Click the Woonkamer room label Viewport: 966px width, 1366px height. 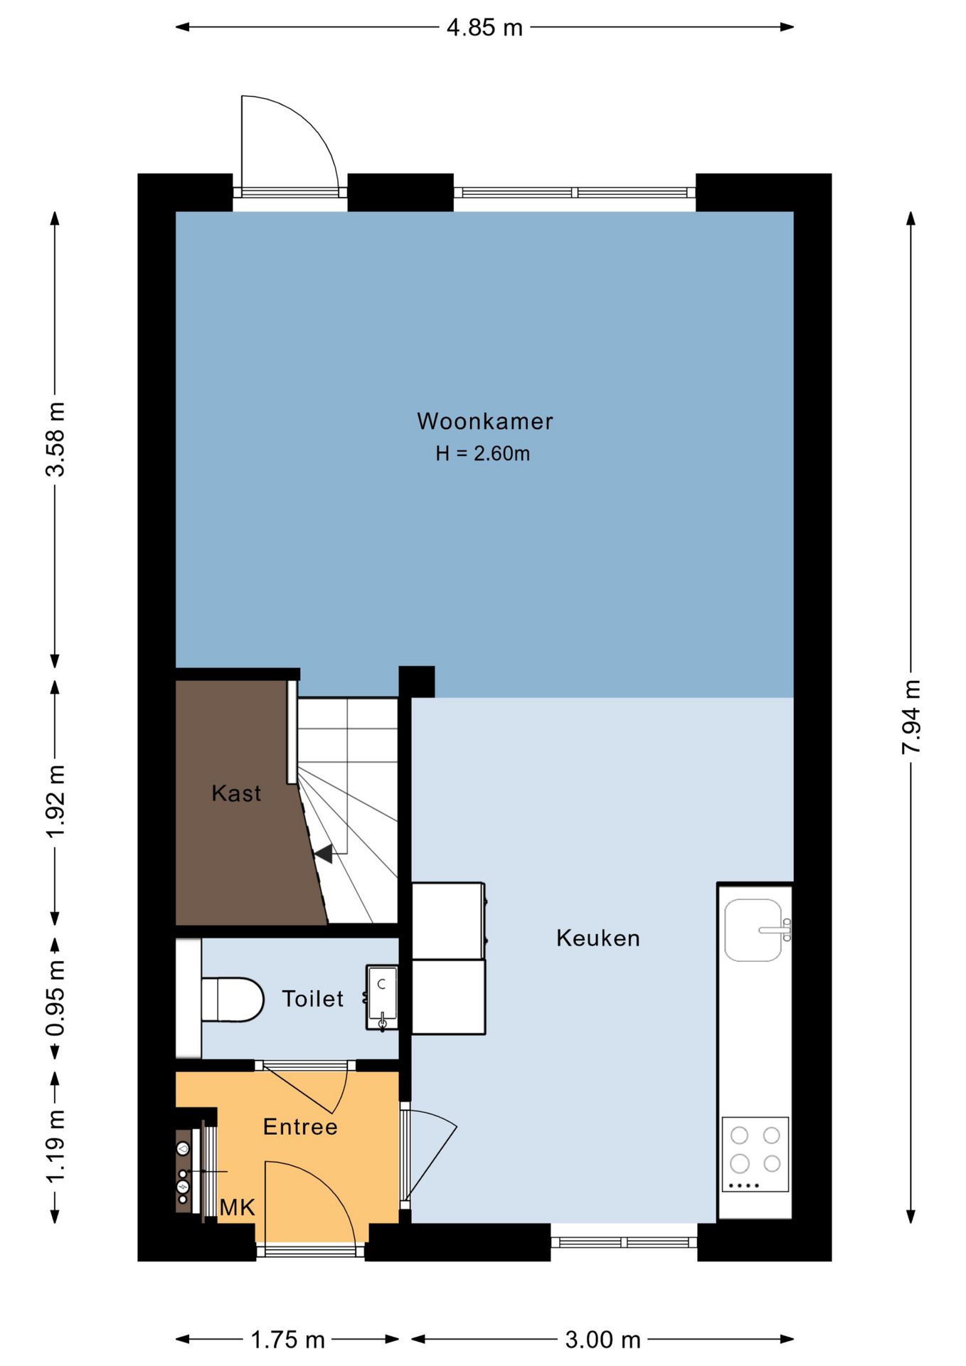(484, 421)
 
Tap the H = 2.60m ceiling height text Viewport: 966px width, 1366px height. (483, 453)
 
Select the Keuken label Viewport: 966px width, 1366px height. (598, 938)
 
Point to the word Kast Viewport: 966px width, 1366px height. (236, 793)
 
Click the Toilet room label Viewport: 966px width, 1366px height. (312, 998)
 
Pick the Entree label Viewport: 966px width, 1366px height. (300, 1126)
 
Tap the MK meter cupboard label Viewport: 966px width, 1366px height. (238, 1207)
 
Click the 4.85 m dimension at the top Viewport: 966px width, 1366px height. (484, 28)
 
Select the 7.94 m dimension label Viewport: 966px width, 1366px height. (911, 716)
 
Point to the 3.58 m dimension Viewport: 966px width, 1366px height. (55, 439)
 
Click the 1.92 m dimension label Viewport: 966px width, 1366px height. (55, 802)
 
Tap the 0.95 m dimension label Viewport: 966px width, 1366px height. (55, 998)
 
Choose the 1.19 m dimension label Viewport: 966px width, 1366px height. (55, 1146)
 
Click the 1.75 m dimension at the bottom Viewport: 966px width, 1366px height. (287, 1340)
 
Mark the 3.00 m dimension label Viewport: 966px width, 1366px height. (603, 1340)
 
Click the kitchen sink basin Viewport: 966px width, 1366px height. (753, 930)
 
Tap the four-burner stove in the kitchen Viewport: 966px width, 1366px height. (755, 1154)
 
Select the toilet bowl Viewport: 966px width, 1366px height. (232, 1000)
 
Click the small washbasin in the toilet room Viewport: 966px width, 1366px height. (381, 997)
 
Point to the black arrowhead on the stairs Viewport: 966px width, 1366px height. (324, 854)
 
